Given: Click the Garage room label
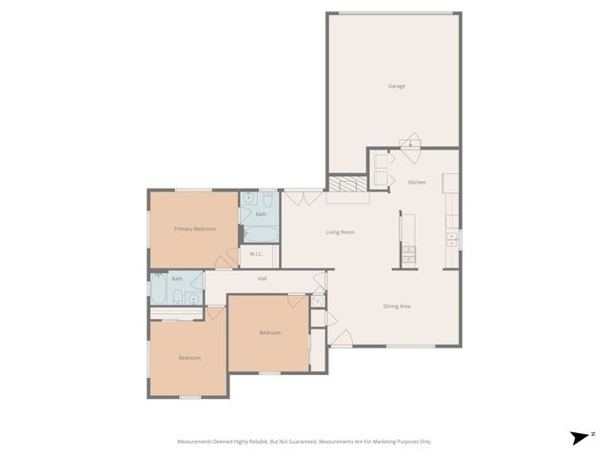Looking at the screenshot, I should tap(396, 86).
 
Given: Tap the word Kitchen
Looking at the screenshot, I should tap(417, 182).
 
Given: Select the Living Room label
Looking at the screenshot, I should tap(340, 232).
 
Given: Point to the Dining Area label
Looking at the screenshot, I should tap(396, 306).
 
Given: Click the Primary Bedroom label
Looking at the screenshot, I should tap(194, 228).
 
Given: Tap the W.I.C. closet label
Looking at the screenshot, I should tap(256, 254).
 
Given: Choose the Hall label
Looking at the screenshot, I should tap(262, 278).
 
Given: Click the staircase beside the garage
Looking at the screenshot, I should tap(346, 185).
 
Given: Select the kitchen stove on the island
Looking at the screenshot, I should tap(408, 252).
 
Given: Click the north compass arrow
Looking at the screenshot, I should tap(580, 437).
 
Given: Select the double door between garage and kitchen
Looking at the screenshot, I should tap(408, 141).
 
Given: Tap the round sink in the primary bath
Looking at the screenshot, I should tap(250, 199).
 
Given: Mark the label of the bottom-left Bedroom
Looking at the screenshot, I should tap(189, 357).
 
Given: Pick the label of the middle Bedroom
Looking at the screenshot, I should tap(270, 332).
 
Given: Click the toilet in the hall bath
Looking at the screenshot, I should tap(193, 298).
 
